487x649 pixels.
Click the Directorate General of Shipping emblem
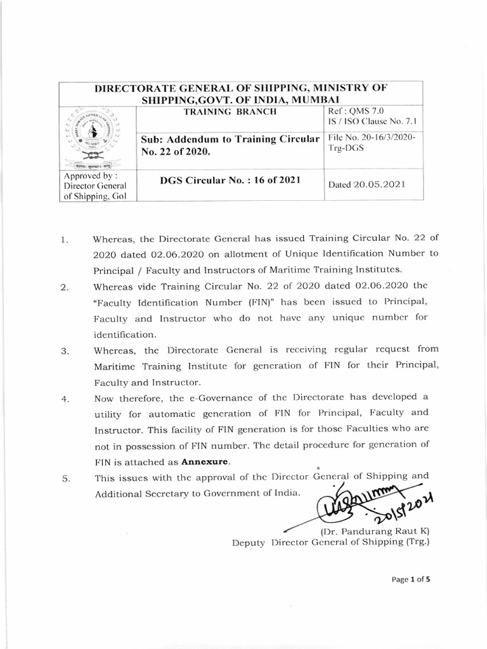click(96, 138)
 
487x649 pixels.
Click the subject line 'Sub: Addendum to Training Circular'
click(228, 139)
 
